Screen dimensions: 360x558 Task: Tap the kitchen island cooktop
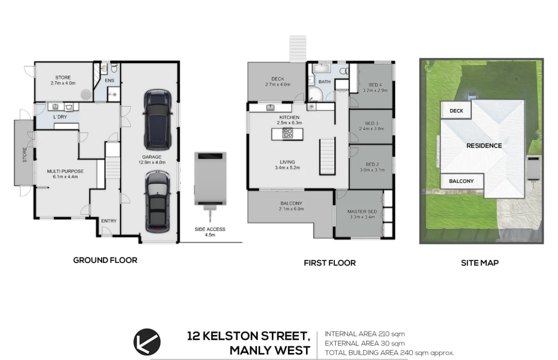[288, 134]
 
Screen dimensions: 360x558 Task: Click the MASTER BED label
[362, 211]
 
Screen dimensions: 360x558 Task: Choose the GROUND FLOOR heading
[105, 260]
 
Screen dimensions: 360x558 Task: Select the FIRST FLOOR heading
[329, 263]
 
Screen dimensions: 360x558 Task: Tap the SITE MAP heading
[479, 263]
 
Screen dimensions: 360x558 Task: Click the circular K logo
[147, 341]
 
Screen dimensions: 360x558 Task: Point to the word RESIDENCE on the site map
[484, 146]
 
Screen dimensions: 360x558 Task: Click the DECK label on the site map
[456, 111]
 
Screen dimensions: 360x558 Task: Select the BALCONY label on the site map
[461, 181]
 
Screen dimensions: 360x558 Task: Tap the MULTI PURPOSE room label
[65, 171]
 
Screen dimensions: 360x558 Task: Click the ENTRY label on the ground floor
[109, 221]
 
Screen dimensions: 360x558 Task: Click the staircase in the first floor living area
[327, 157]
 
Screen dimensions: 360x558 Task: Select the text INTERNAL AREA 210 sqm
[364, 334]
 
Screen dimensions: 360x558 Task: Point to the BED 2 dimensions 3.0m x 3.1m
[372, 170]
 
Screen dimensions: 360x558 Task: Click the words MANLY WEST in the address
[270, 350]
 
